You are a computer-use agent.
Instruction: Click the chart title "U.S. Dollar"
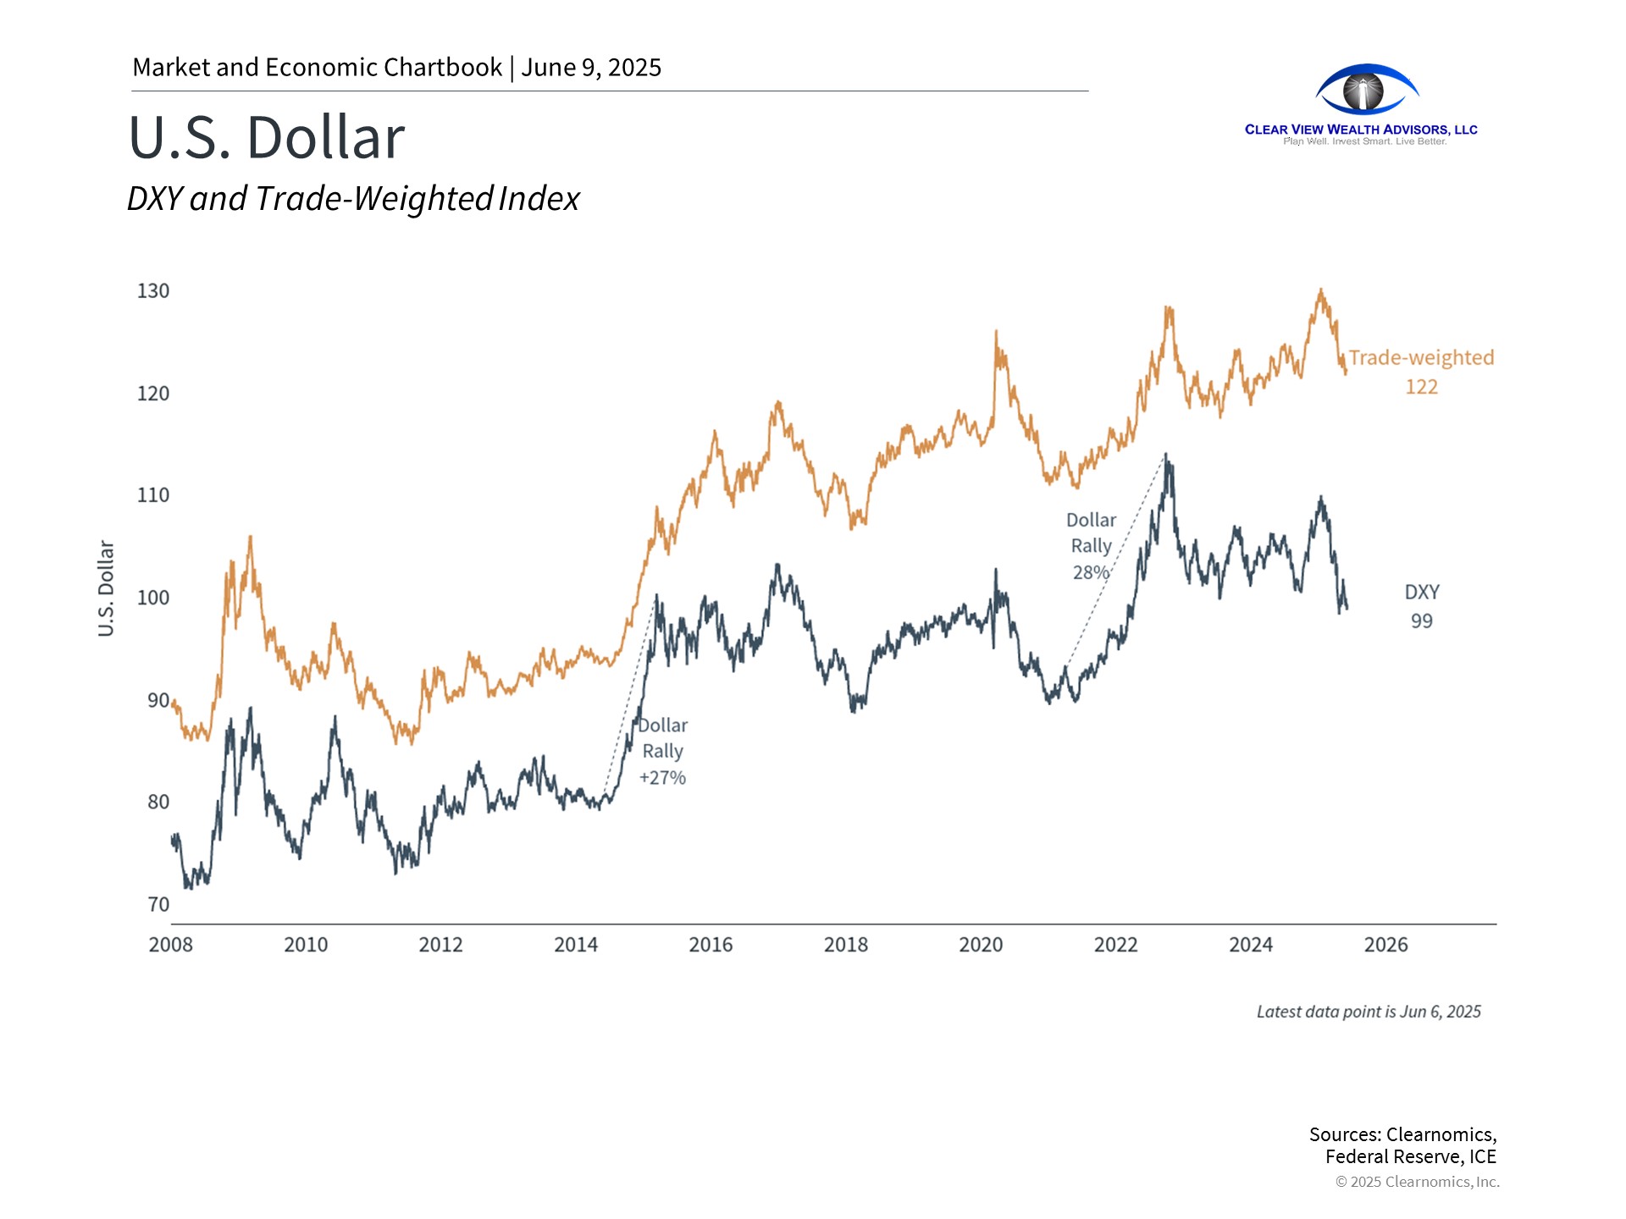click(x=267, y=137)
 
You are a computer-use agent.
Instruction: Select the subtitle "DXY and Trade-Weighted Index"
click(x=353, y=199)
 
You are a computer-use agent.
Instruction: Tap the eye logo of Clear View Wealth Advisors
click(x=1366, y=90)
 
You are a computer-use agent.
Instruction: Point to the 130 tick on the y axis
click(x=153, y=291)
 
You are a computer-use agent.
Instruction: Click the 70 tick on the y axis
click(x=158, y=905)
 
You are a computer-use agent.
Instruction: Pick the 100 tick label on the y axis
click(x=153, y=598)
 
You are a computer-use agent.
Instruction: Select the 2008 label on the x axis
click(x=170, y=945)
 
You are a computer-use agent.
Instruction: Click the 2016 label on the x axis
click(x=711, y=945)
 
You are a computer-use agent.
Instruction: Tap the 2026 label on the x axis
click(x=1385, y=945)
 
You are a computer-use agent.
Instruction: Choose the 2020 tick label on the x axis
click(x=981, y=945)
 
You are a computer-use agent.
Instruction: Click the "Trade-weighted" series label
click(x=1421, y=358)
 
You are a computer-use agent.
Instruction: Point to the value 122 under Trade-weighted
click(x=1421, y=387)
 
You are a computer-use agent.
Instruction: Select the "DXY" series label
click(x=1422, y=593)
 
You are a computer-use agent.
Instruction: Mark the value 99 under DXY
click(x=1422, y=621)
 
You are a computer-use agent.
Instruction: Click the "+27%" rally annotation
click(x=662, y=778)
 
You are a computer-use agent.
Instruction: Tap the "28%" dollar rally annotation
click(x=1091, y=572)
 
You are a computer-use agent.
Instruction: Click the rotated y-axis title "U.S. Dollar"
click(x=106, y=588)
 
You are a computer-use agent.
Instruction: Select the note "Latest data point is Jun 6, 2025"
click(x=1369, y=1012)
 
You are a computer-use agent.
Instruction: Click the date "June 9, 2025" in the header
click(x=591, y=68)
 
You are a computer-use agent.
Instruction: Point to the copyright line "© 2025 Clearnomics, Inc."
click(x=1417, y=1182)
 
